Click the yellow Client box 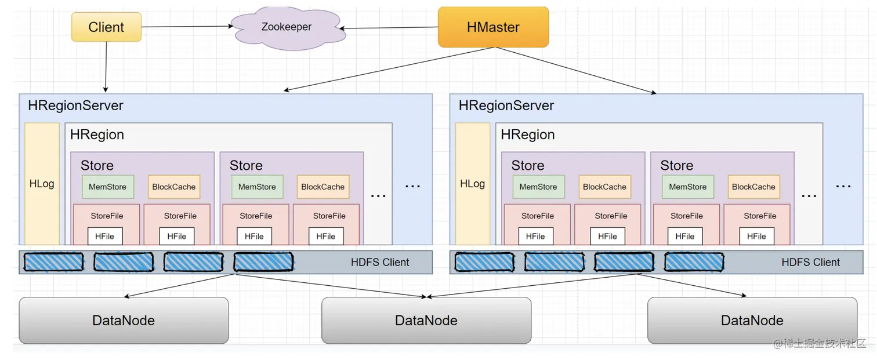coord(106,27)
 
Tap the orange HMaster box coord(493,27)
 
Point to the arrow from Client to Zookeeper coord(187,27)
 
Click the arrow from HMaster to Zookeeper coord(389,28)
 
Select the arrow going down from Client coord(106,67)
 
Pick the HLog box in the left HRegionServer coord(42,184)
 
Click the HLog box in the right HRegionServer coord(473,184)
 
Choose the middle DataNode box coord(426,321)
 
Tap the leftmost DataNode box coord(124,321)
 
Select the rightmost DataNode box coord(752,321)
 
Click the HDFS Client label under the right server coord(810,262)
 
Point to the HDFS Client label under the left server coord(380,262)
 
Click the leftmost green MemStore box coord(108,187)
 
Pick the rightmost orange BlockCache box coord(753,187)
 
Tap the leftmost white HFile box coord(104,237)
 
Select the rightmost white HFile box coord(756,237)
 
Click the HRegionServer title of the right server coord(506,106)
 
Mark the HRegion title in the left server coord(97,134)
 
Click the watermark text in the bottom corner coord(820,344)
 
